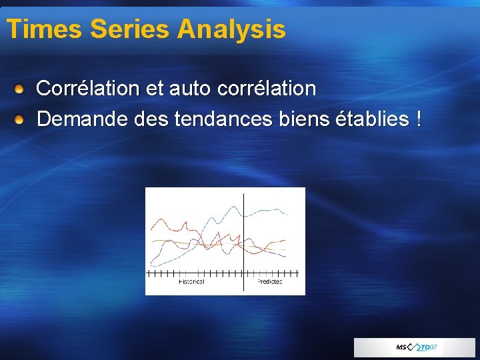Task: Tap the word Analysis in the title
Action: (x=232, y=29)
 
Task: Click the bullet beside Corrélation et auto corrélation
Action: (x=21, y=88)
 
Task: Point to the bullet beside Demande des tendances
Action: (x=21, y=120)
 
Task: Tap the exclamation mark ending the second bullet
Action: (x=418, y=120)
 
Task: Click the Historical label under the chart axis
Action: (x=191, y=282)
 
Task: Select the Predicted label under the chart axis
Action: (x=269, y=282)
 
